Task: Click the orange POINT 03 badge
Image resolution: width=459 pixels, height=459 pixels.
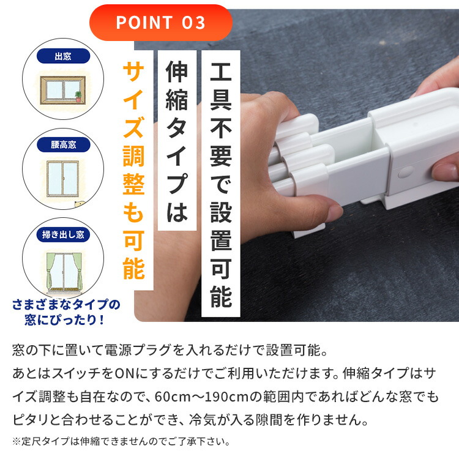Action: tap(160, 23)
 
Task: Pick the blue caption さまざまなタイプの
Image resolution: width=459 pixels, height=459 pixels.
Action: tap(66, 305)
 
